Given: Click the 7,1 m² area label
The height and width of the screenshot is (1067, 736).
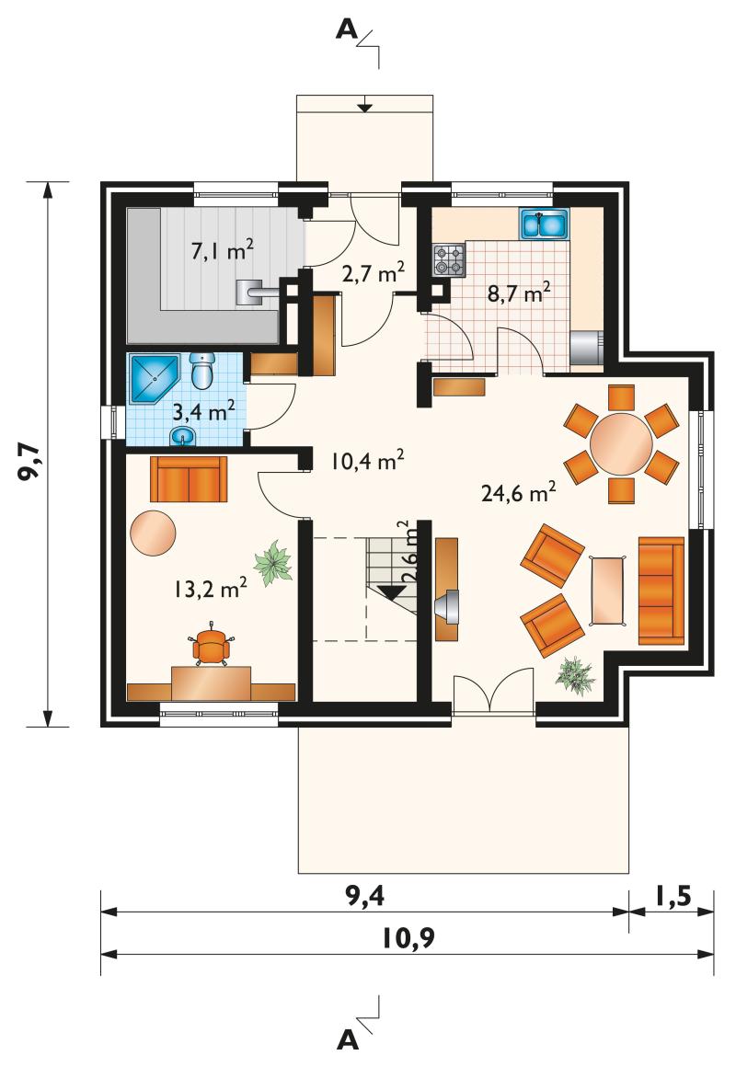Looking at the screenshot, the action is coord(222,250).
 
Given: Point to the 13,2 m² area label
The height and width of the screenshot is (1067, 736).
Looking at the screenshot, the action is coord(210,587).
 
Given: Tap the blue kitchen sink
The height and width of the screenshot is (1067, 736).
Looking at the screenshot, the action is coord(544,224).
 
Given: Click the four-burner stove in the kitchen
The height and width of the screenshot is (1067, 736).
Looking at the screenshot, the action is coord(450,260).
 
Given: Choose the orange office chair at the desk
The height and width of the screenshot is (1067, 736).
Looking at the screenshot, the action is coord(211,645).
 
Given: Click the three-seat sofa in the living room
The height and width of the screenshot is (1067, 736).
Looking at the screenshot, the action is coord(661,590).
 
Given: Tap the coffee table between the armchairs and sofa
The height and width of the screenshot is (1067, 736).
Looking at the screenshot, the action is coord(609,590).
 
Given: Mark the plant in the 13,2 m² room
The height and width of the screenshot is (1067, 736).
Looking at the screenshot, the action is coord(274,562).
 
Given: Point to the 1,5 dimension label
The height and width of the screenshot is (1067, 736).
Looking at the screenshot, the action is coord(673,896).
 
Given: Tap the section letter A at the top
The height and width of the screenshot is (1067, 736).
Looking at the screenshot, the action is coord(347,29).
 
